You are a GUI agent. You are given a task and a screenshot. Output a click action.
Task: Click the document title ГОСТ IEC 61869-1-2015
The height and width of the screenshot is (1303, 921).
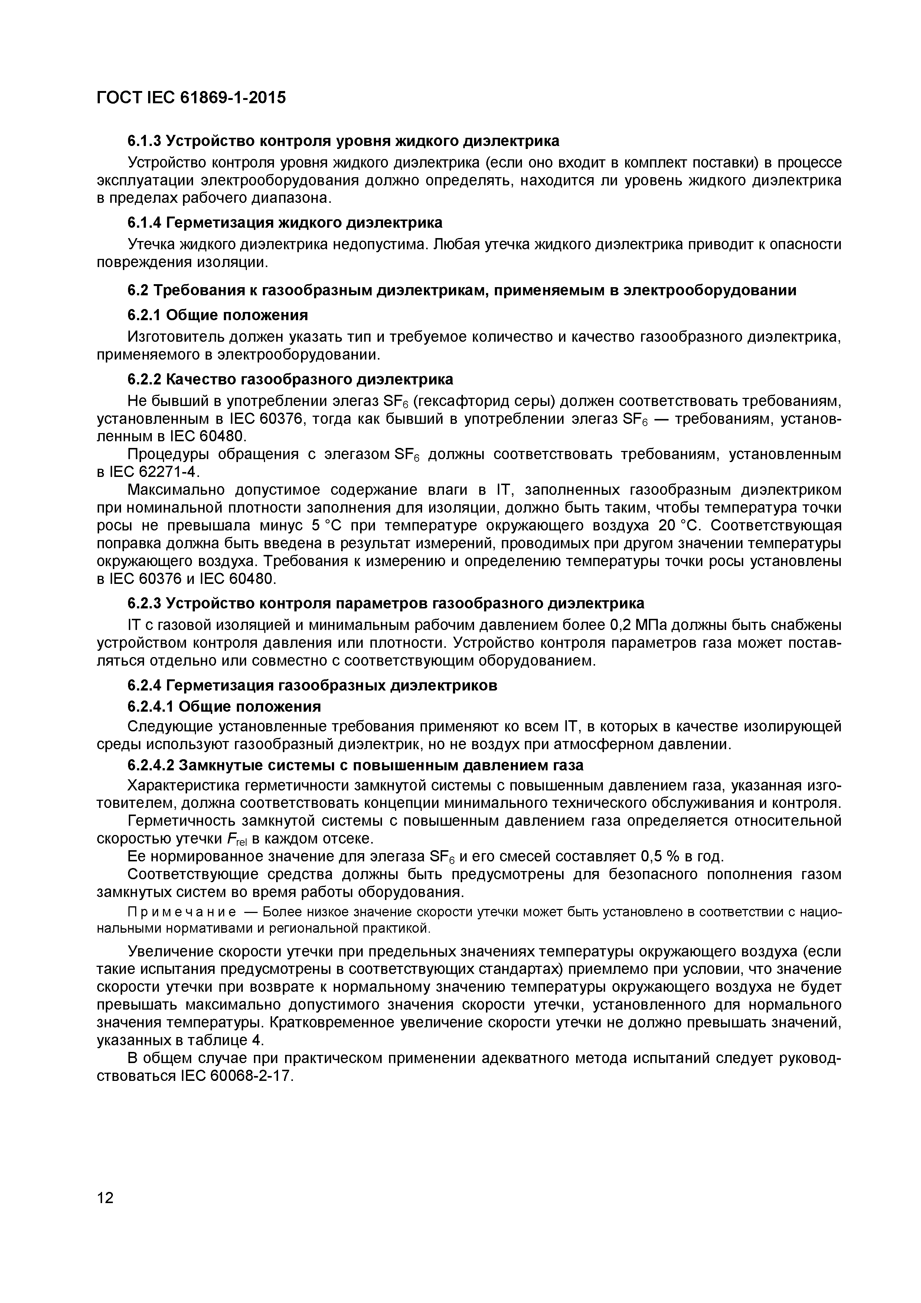click(191, 98)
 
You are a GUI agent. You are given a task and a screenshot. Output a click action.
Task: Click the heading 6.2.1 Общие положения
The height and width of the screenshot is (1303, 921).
click(217, 314)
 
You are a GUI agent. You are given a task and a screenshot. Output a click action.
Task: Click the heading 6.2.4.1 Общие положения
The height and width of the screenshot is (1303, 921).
click(223, 706)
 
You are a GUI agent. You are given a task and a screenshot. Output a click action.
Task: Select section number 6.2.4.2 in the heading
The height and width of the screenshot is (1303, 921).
click(151, 765)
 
